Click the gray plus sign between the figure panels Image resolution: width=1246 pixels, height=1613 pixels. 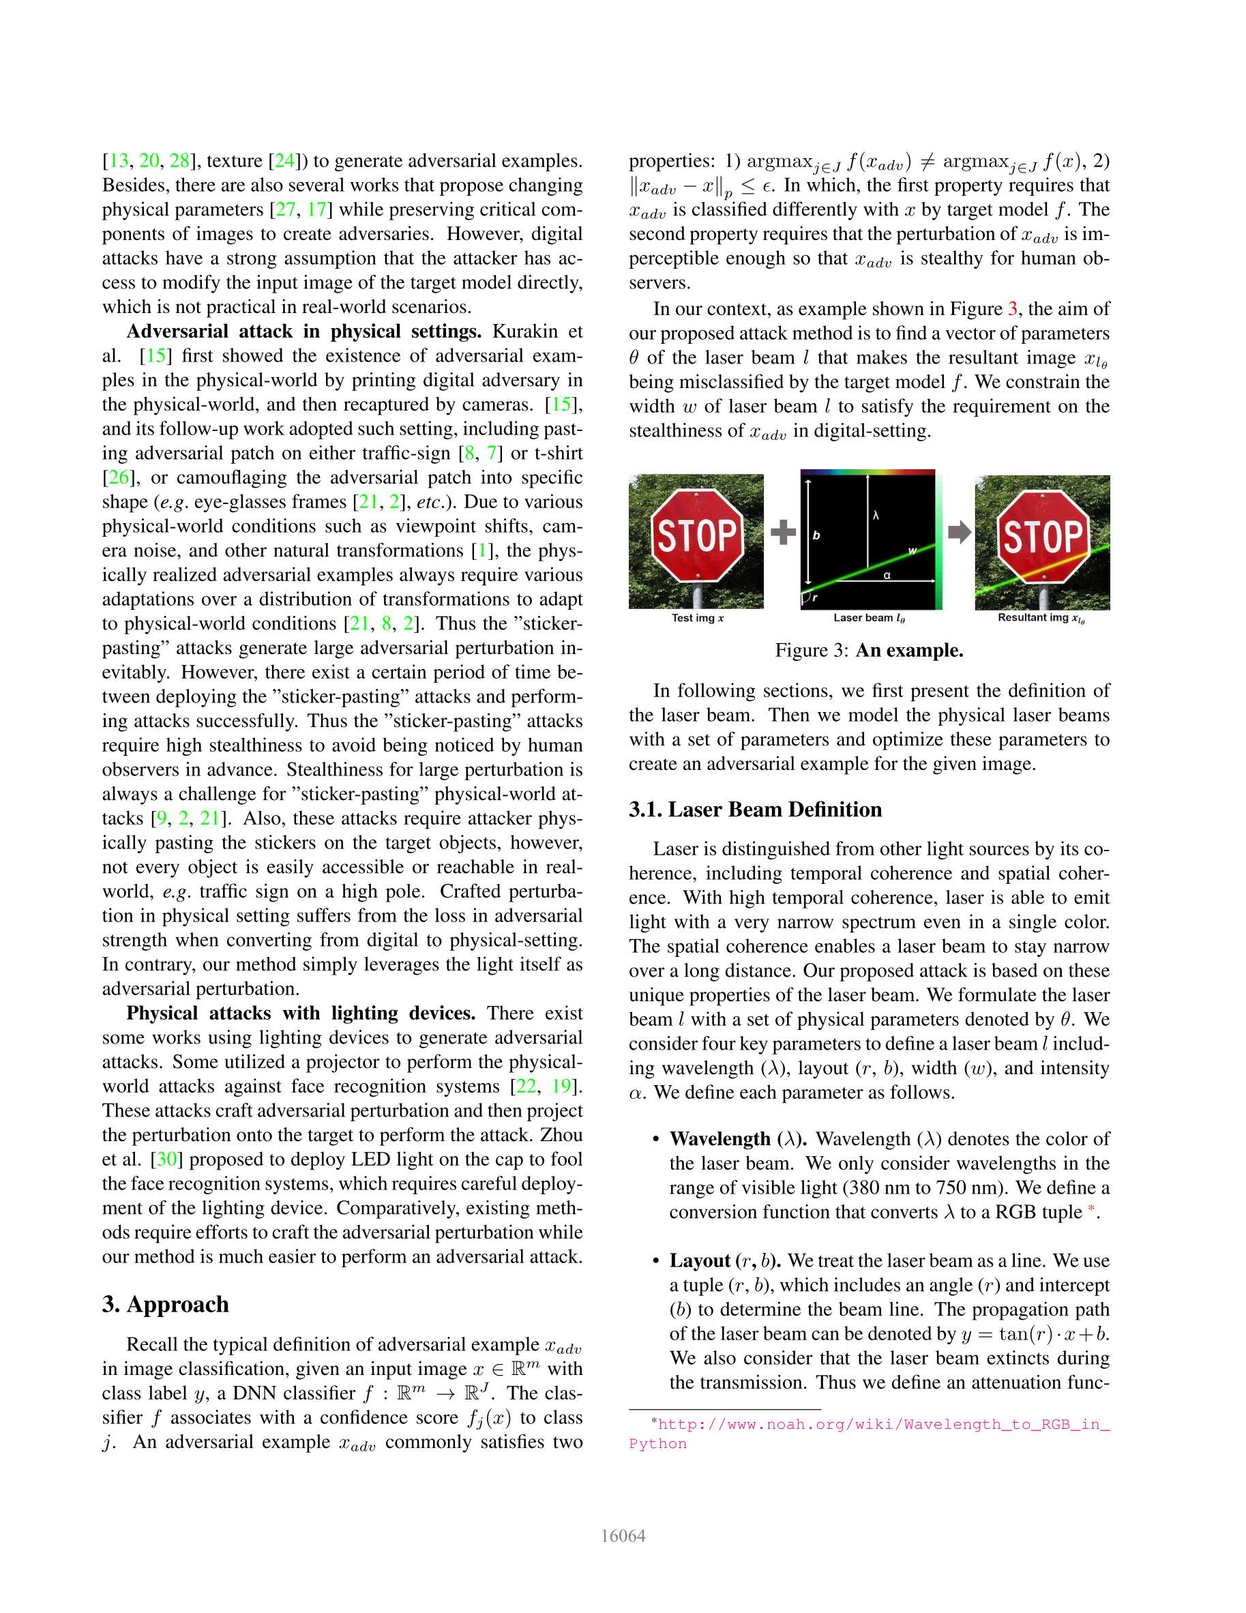click(783, 532)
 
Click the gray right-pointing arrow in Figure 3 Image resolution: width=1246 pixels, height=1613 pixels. click(959, 532)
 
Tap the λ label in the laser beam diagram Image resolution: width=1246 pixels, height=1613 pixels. click(876, 516)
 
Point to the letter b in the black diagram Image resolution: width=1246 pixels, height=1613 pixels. click(816, 535)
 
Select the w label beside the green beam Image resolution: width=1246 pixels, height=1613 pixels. click(912, 551)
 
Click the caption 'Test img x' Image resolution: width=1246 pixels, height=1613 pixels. click(697, 618)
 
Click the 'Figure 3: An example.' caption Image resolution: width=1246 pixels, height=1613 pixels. click(869, 651)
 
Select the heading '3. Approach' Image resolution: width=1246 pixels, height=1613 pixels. click(166, 1304)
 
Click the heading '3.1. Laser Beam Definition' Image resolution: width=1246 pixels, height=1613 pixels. click(755, 810)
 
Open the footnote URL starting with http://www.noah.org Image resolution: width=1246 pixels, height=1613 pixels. click(883, 1425)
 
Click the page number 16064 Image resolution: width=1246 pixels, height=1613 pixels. click(623, 1536)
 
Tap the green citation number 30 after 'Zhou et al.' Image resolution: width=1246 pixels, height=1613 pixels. click(167, 1159)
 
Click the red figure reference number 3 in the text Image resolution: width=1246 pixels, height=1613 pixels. click(1013, 309)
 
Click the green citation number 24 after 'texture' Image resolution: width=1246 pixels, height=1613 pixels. click(285, 161)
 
